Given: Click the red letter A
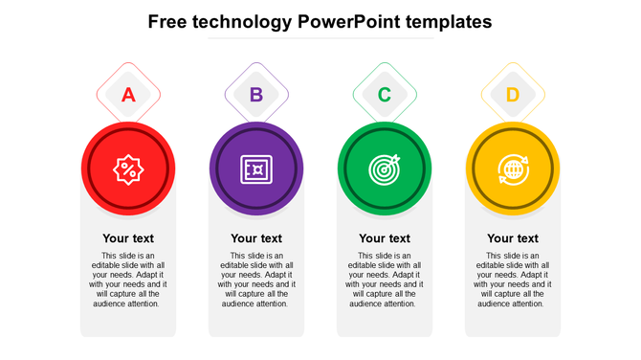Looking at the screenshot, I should point(128,95).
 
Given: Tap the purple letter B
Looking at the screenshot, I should point(256,95).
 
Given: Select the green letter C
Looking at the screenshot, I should point(385,95).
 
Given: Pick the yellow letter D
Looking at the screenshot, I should point(513,95).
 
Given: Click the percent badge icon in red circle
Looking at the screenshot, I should point(128,169).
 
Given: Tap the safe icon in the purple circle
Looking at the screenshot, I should point(256,169).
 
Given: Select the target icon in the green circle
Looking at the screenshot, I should point(385,169).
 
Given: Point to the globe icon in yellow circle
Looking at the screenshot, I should point(513,169).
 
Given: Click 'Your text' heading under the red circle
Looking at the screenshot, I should point(128,238).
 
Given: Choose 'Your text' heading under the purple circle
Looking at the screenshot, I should point(256,238).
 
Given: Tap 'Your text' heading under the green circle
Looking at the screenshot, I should point(385,238).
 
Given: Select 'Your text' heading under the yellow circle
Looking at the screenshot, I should point(513,238).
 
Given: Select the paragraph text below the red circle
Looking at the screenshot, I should point(128,280).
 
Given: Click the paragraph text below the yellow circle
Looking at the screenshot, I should point(513,280).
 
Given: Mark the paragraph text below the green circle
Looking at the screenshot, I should point(385,280).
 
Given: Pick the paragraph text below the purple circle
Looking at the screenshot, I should point(256,280).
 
